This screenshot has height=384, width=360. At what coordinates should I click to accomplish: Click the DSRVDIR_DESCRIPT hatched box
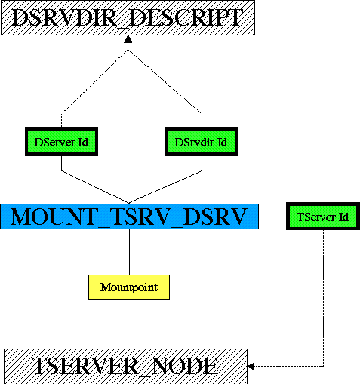(x=128, y=17)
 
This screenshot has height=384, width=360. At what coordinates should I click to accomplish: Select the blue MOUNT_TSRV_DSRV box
(x=129, y=217)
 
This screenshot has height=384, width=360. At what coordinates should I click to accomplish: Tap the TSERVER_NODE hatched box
(x=126, y=366)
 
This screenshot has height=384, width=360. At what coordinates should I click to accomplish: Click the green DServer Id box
(x=61, y=142)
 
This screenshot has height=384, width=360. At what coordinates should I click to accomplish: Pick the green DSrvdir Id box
(x=202, y=142)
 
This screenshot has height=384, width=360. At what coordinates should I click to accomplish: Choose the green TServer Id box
(x=323, y=217)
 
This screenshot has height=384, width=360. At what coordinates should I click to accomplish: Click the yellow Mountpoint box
(x=129, y=287)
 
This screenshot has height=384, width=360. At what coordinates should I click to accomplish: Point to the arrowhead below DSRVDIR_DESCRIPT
(x=128, y=39)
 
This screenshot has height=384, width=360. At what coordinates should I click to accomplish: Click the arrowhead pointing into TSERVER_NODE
(x=251, y=367)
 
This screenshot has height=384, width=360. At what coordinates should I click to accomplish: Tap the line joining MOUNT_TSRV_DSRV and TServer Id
(x=272, y=217)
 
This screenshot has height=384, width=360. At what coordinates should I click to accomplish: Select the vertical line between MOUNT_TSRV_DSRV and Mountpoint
(x=129, y=252)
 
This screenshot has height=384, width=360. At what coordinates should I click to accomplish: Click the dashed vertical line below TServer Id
(x=323, y=298)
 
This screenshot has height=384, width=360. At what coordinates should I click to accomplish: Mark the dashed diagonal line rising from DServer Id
(x=94, y=81)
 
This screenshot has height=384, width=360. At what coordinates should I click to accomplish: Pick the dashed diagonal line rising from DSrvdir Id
(x=165, y=81)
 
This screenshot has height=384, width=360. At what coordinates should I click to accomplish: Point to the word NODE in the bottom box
(x=185, y=366)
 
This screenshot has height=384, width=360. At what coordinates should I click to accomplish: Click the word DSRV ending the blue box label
(x=214, y=217)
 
